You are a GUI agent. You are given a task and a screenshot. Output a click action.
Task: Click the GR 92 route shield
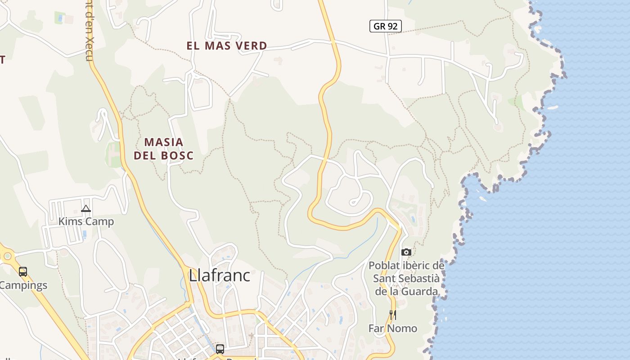[385, 26]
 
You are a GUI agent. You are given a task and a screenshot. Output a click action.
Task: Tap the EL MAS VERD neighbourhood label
[227, 46]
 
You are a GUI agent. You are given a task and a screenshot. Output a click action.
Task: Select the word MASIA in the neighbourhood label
[164, 142]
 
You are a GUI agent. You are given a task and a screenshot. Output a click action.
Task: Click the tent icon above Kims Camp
[86, 208]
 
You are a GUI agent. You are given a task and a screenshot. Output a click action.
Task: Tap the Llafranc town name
[219, 275]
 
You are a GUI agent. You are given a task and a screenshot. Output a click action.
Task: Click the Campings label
[23, 285]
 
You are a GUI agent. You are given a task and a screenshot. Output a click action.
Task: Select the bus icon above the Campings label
[23, 272]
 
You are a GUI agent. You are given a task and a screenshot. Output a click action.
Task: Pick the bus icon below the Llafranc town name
[220, 349]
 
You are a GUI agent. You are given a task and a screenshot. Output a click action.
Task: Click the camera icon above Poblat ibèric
[406, 252]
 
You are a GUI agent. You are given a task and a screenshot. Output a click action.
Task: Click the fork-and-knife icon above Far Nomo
[393, 315]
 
